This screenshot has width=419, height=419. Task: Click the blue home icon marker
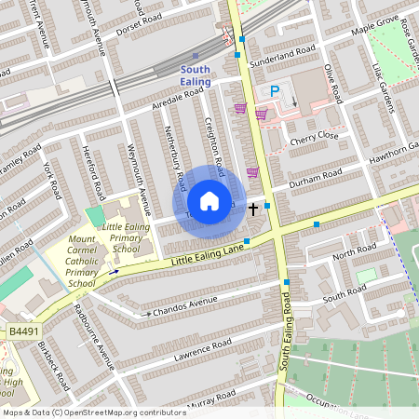(x=209, y=201)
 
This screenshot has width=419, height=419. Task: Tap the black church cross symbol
(x=253, y=209)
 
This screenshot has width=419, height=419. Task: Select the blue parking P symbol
(x=275, y=91)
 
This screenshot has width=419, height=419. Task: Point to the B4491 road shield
(x=23, y=331)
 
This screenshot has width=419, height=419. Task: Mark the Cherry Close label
(x=314, y=136)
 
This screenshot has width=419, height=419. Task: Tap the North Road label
(x=354, y=250)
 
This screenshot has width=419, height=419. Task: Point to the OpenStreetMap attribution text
(x=93, y=412)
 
